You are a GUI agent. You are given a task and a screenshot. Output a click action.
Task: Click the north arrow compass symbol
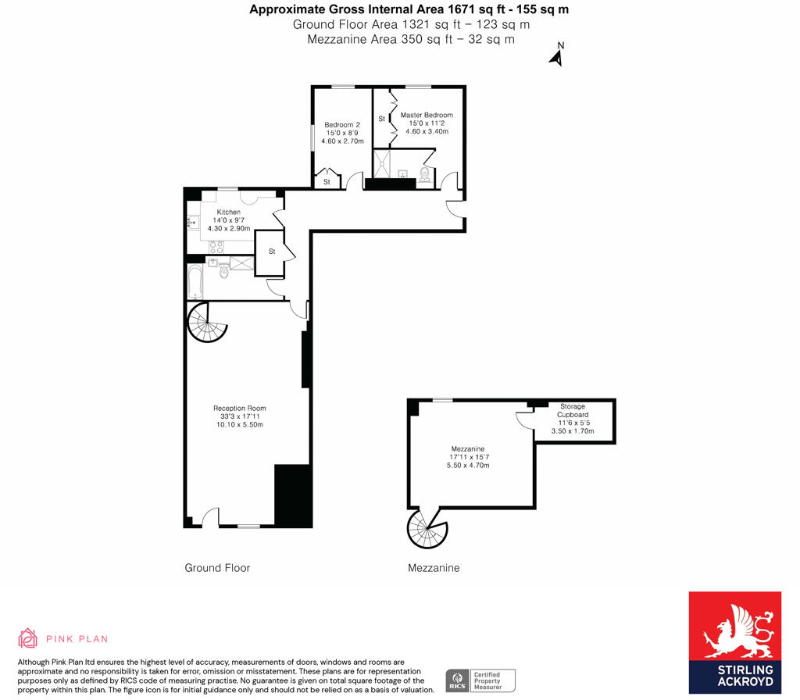[x=557, y=55]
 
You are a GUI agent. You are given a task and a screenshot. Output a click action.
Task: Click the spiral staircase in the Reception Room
[x=207, y=323]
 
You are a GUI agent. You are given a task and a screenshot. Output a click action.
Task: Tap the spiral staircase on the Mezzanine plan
[x=427, y=529]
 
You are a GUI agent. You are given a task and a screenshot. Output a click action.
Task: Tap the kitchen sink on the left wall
[x=192, y=223]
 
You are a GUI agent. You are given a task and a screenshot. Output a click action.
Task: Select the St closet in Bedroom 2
[x=327, y=181]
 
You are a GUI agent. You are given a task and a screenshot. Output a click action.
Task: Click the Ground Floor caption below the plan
[x=217, y=568]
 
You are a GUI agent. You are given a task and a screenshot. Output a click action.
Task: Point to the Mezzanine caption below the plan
[x=434, y=568]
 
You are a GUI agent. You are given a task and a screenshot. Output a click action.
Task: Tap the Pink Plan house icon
[x=28, y=638]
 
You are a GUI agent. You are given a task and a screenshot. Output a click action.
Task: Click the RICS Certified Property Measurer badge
[x=480, y=680]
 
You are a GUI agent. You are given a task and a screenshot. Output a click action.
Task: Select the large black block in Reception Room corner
[x=293, y=495]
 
